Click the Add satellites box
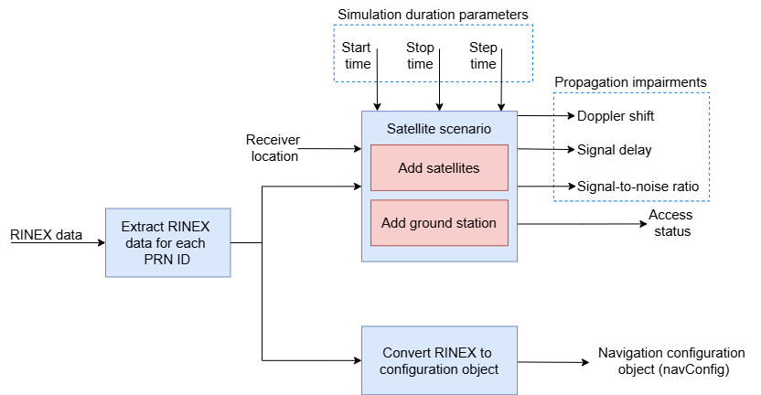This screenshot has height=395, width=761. [x=439, y=168]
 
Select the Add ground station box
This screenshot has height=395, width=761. [x=439, y=223]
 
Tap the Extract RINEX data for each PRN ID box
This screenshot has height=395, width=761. [x=167, y=242]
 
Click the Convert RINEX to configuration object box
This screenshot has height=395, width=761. [x=439, y=360]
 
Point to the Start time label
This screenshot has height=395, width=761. [x=357, y=55]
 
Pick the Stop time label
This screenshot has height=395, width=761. [x=420, y=55]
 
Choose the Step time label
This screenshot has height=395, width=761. [x=483, y=55]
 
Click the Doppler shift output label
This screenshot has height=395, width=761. [x=616, y=116]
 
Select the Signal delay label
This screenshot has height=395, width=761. [x=614, y=149]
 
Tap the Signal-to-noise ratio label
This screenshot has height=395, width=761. [x=638, y=187]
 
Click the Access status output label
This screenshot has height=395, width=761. [x=670, y=223]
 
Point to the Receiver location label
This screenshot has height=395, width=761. [x=273, y=147]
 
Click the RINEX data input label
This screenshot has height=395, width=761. [x=45, y=235]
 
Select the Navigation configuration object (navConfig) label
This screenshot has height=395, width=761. [x=671, y=361]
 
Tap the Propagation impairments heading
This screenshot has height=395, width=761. [x=631, y=81]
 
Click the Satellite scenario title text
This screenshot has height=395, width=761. [x=439, y=128]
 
